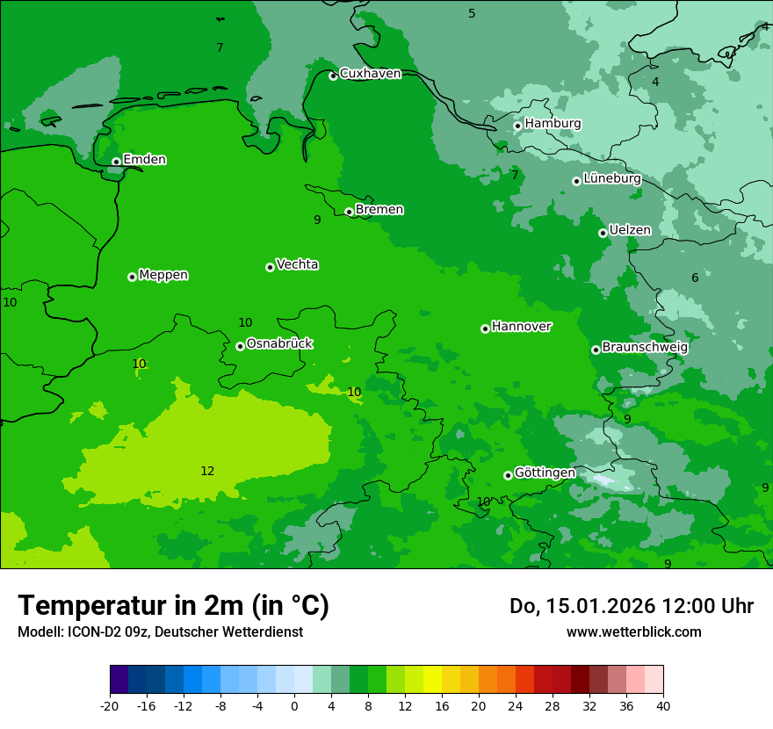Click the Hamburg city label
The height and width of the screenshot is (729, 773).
(553, 124)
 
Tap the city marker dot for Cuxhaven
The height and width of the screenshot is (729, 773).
(333, 76)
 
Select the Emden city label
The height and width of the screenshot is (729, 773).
(144, 160)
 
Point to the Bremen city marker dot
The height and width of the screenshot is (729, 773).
(349, 212)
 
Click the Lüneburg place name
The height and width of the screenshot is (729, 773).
(611, 179)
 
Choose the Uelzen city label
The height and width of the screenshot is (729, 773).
(630, 231)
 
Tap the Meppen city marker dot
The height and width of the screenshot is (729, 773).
(132, 277)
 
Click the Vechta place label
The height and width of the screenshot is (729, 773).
(297, 264)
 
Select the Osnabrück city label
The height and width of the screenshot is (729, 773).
(279, 344)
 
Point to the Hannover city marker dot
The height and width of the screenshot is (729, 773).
(485, 328)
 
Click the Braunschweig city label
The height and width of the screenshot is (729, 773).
(645, 347)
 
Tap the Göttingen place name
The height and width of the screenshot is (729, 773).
(545, 473)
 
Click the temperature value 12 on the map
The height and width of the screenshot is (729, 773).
(207, 472)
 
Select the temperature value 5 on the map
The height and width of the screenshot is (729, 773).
(472, 13)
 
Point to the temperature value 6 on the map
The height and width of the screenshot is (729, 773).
(695, 278)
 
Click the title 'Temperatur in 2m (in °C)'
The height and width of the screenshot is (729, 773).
(173, 606)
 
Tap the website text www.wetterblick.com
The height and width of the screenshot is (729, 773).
(633, 632)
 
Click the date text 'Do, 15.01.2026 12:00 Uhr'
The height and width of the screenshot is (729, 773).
(632, 606)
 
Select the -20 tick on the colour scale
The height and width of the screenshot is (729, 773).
(110, 705)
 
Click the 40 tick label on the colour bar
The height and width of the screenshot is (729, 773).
(663, 705)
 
